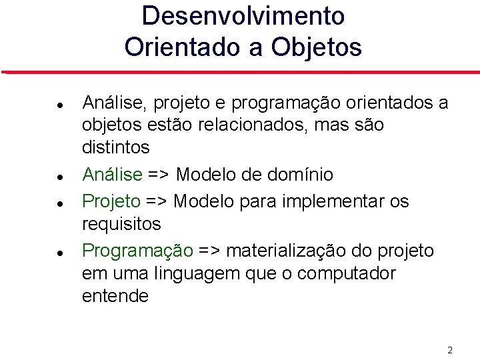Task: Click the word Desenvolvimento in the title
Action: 243,16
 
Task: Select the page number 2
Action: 450,350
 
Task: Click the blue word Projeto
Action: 111,201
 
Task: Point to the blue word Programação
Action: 137,251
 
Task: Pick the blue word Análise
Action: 112,175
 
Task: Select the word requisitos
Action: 121,224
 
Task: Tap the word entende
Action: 115,296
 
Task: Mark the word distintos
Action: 116,147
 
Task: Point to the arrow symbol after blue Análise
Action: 159,175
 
